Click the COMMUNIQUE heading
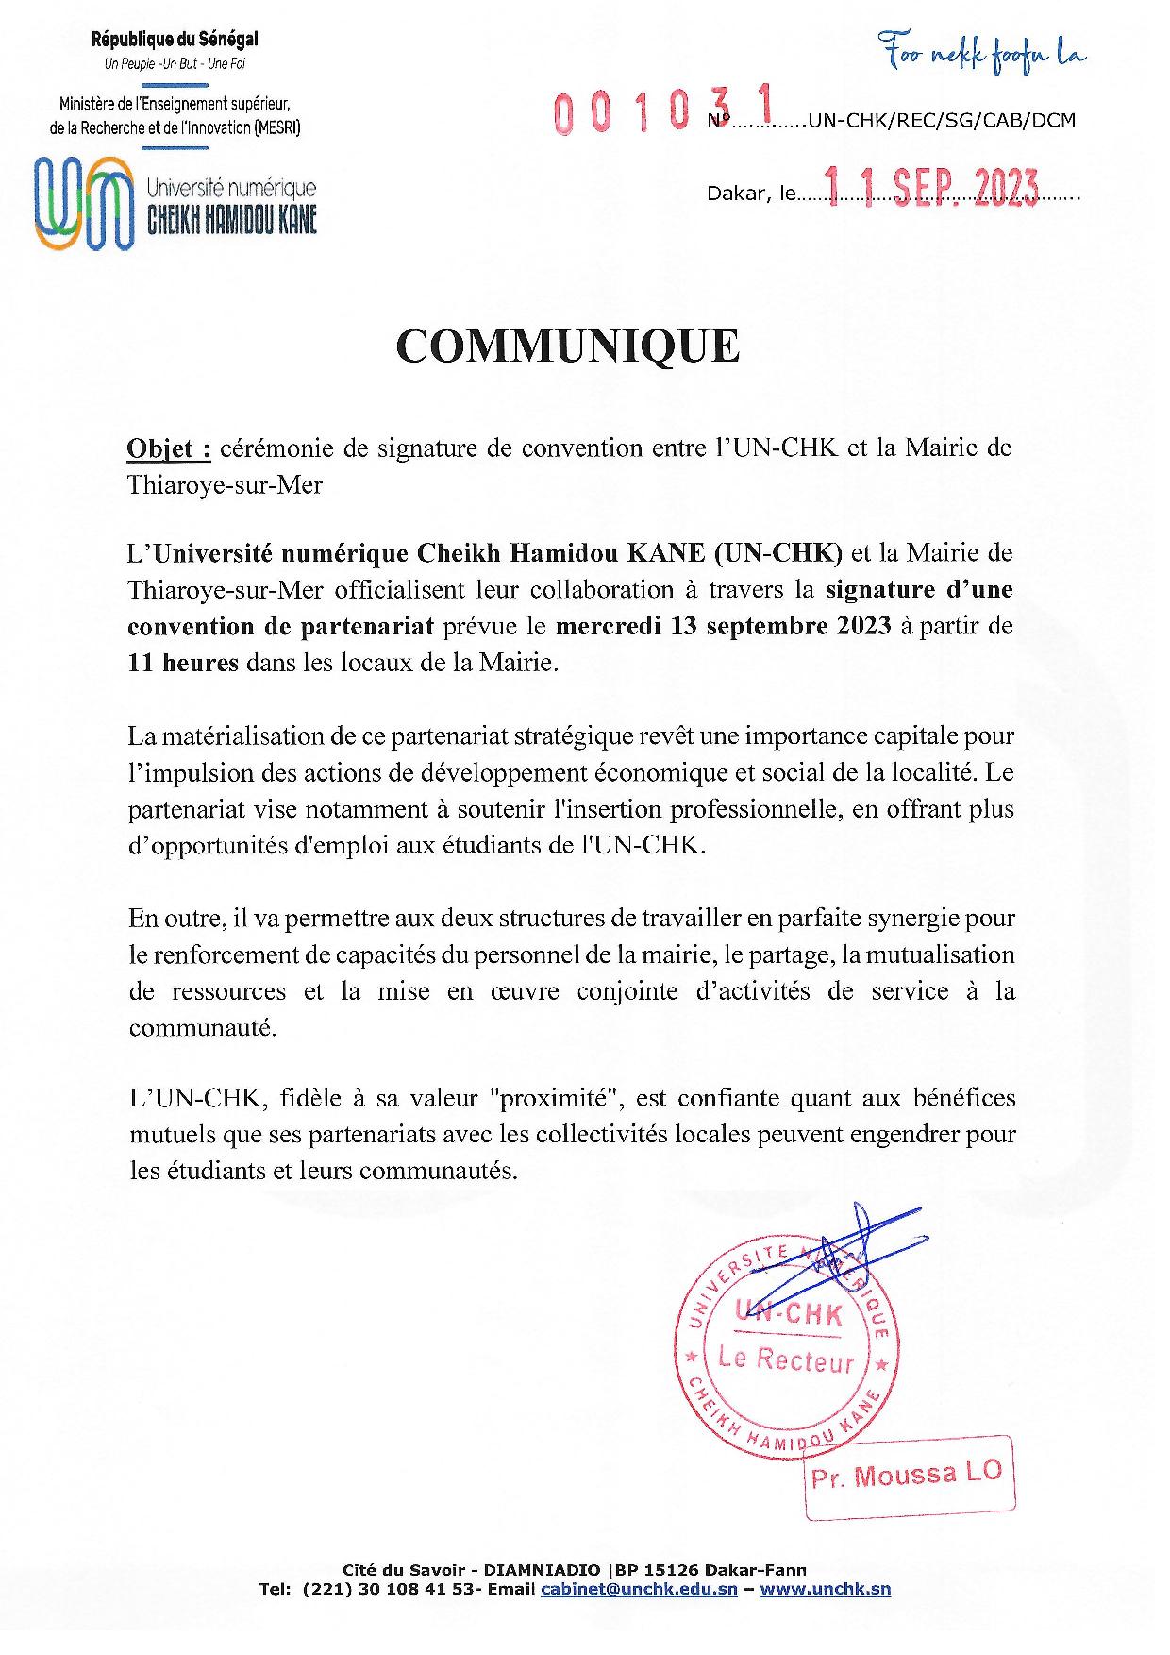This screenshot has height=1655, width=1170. [568, 346]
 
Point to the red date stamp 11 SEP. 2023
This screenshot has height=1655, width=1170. [931, 189]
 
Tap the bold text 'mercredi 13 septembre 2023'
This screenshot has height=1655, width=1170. [724, 626]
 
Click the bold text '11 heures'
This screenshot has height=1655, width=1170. [183, 663]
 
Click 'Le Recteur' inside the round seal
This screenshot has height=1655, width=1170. [786, 1359]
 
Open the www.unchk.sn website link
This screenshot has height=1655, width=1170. [825, 1589]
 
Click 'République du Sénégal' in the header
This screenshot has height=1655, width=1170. [175, 40]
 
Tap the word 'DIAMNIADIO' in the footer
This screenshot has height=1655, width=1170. [543, 1570]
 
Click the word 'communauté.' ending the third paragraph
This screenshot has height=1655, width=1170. [203, 1028]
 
